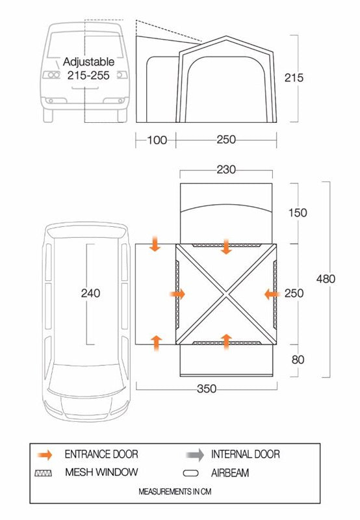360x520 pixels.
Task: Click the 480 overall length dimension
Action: coord(326,279)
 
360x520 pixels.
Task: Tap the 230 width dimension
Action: coord(227,170)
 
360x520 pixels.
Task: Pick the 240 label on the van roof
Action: coord(90,293)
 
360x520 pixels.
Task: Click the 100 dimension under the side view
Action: coord(157,140)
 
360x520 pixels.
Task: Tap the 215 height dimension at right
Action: coord(294,78)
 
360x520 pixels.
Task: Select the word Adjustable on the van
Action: coord(89,62)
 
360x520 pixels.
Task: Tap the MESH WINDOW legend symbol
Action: coord(45,473)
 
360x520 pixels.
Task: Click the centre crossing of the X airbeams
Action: coord(227,294)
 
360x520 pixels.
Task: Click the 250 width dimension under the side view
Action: coord(227,140)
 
